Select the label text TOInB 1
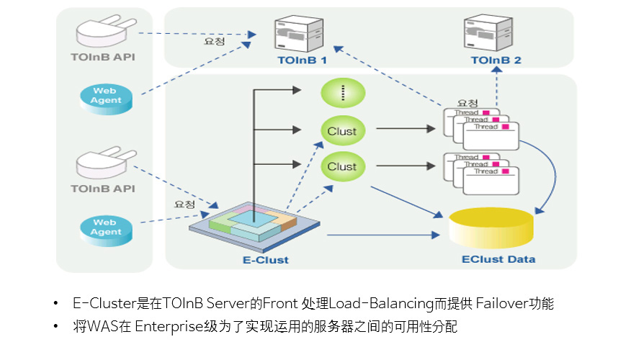click(x=303, y=62)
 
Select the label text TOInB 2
click(x=496, y=62)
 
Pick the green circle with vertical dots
click(x=342, y=93)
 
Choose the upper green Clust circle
click(x=342, y=131)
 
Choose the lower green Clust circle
click(x=342, y=166)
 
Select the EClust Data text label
click(x=498, y=259)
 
